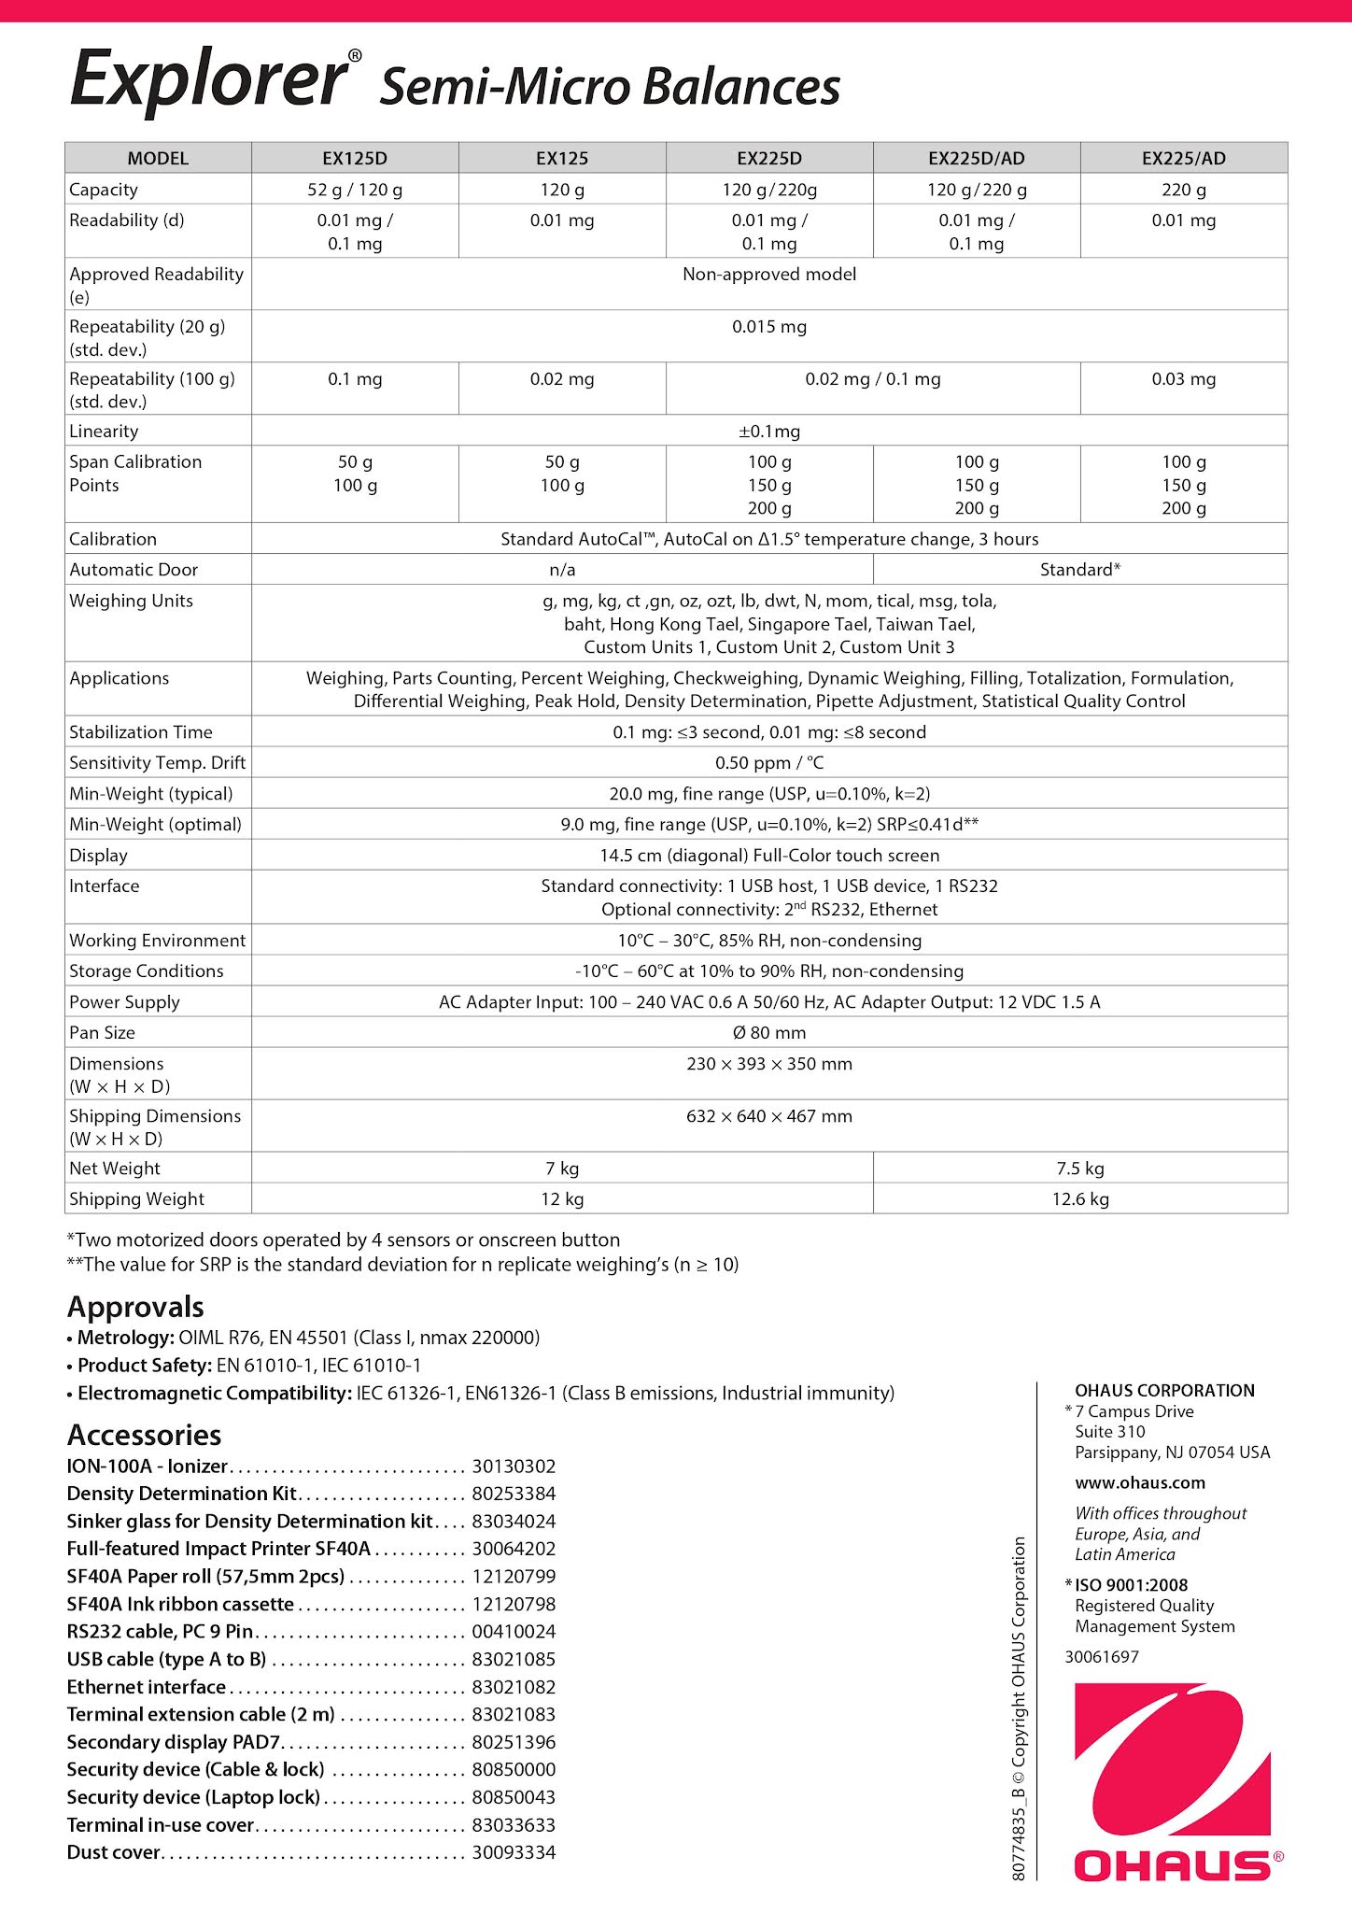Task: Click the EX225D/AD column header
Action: click(976, 158)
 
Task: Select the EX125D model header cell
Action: click(355, 158)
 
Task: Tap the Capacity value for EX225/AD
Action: click(1183, 190)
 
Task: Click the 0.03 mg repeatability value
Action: click(1183, 379)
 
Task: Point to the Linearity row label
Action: click(104, 432)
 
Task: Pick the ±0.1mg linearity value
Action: click(769, 432)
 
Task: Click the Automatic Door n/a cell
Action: click(562, 570)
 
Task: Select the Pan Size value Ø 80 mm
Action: click(769, 1033)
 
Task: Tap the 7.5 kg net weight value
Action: click(1080, 1169)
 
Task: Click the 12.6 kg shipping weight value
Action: click(1080, 1199)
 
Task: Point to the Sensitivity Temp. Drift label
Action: click(157, 763)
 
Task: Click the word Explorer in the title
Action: click(208, 80)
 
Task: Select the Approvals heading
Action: click(135, 1307)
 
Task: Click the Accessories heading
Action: click(144, 1435)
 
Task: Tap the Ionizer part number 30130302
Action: click(514, 1467)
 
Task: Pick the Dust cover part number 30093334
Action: click(514, 1852)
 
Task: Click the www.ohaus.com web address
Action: click(1139, 1482)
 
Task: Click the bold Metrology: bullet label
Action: click(125, 1338)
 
